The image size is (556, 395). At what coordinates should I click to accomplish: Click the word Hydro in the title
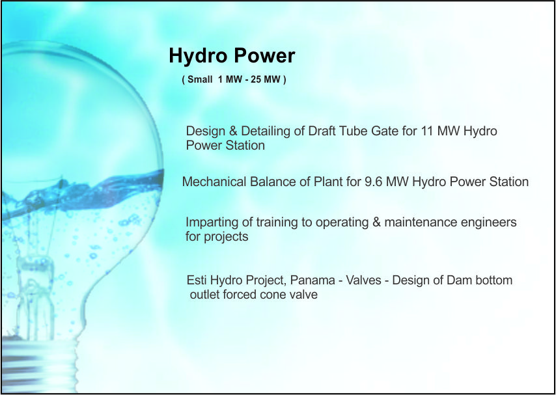[x=197, y=57]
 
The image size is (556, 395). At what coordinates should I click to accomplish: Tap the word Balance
[x=272, y=182]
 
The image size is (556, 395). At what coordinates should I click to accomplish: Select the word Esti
[x=197, y=280]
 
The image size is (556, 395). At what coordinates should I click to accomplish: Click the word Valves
[x=363, y=280]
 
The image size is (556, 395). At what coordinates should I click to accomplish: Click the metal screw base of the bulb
[x=38, y=364]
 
